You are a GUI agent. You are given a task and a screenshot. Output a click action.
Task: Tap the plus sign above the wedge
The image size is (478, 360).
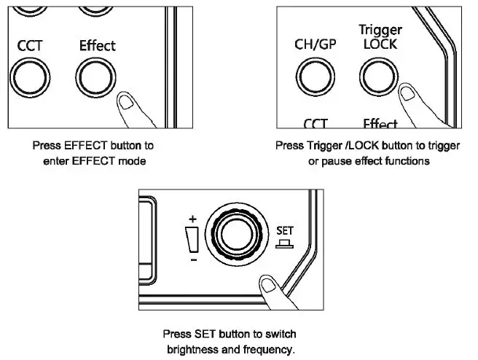[192, 217]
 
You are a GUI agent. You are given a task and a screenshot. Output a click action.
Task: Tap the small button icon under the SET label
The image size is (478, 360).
[285, 243]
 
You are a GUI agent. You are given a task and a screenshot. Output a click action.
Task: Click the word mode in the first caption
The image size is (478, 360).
[131, 160]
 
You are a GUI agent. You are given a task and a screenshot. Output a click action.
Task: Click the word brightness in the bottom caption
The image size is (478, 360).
[192, 348]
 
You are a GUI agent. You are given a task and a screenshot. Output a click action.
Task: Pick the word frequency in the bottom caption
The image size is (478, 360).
[263, 348]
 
